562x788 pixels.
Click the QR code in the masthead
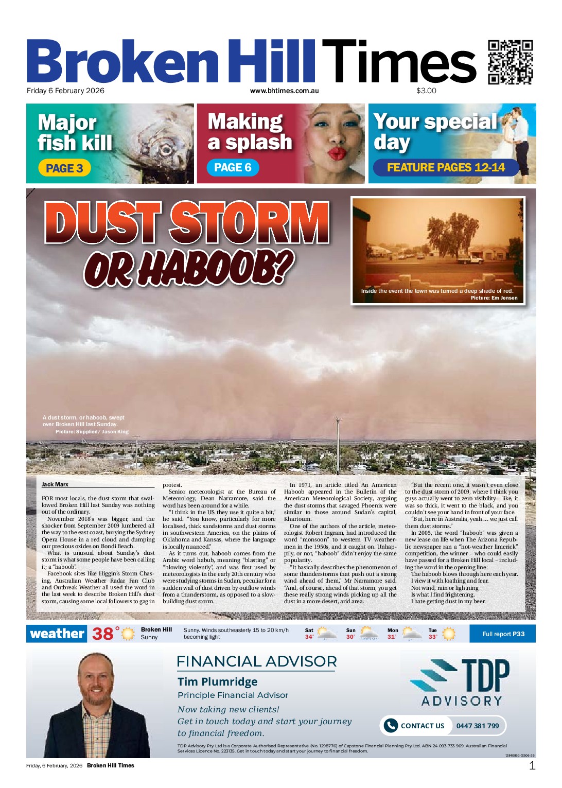point(510,62)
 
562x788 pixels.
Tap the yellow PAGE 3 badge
point(64,168)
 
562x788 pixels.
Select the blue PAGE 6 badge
point(233,168)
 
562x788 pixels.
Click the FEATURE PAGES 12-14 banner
point(446,168)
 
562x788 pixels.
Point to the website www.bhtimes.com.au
point(284,91)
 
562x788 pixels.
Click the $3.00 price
point(426,91)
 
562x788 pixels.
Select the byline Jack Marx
point(55,484)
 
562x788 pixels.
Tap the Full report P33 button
point(503,634)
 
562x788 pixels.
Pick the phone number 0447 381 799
point(478,726)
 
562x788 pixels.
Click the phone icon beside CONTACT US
point(391,726)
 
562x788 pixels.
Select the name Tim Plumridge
point(217,682)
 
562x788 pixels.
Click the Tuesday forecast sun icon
point(449,634)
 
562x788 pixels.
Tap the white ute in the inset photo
point(469,259)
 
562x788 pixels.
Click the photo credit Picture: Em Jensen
point(494,298)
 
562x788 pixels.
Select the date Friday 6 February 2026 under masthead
point(65,91)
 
